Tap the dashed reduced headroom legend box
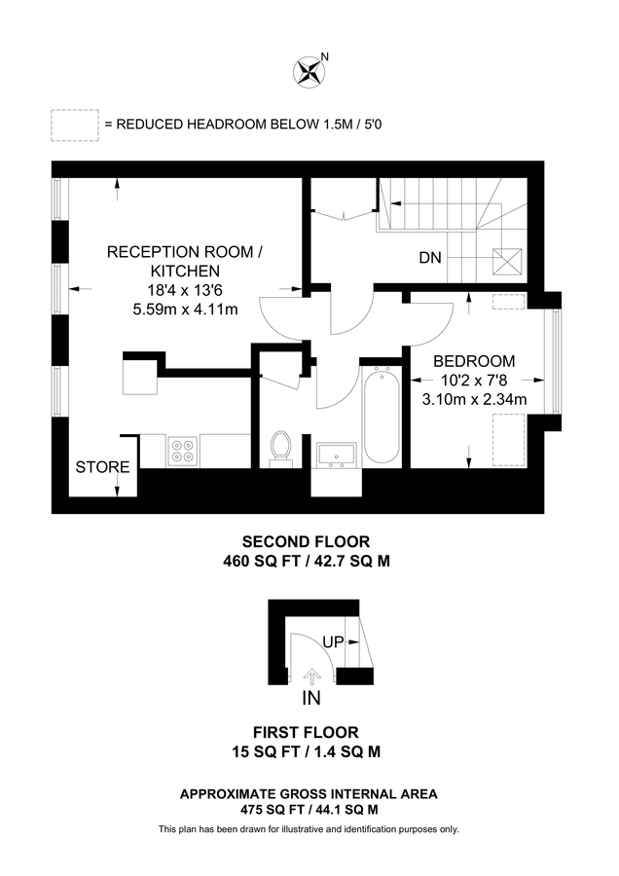point(75,125)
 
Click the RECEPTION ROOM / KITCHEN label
point(185,261)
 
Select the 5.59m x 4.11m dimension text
point(185,310)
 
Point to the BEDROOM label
point(474,361)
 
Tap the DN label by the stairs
point(431,258)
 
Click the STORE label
point(102,467)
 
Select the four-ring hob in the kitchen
point(183,451)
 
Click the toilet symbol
point(282,448)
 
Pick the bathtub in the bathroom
point(381,415)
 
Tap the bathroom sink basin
point(337,454)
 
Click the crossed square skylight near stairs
point(506,262)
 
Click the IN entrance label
point(311,698)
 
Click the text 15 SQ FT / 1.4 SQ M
point(307,750)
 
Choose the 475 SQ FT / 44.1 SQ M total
point(309,809)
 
